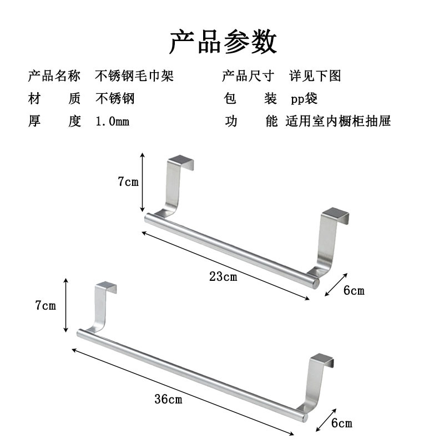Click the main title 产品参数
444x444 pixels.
click(223, 42)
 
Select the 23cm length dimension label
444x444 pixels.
click(223, 276)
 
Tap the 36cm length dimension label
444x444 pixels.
click(168, 399)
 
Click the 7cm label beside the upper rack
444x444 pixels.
click(128, 181)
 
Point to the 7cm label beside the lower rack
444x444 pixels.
click(46, 306)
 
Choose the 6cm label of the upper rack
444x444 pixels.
click(354, 290)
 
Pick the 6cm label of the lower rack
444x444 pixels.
click(342, 423)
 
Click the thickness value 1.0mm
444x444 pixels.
click(113, 122)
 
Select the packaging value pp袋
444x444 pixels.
click(304, 99)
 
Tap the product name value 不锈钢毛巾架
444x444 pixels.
click(134, 76)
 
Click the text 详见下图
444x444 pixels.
click(315, 76)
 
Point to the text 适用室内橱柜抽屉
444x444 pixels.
click(338, 121)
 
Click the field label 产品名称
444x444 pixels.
click(54, 76)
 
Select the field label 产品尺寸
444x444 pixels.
click(248, 76)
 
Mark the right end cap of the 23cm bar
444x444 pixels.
click(316, 283)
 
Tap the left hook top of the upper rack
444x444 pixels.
click(181, 160)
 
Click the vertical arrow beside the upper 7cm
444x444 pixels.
click(143, 183)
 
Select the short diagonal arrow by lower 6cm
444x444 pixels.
click(326, 420)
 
